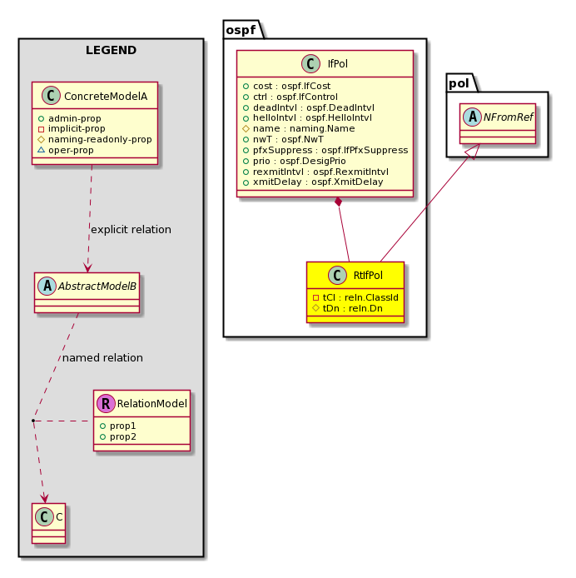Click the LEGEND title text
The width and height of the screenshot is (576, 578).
coord(111,50)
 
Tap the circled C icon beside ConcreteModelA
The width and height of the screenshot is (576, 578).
coord(51,96)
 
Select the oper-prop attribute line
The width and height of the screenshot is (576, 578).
coord(66,150)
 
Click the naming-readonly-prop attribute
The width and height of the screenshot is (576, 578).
coord(95,139)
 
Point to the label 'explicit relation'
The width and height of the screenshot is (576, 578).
coord(131,230)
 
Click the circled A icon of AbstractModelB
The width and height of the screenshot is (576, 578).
coord(47,286)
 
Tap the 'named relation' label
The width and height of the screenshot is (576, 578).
coord(102,358)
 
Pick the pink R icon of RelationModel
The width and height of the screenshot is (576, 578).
coord(106,403)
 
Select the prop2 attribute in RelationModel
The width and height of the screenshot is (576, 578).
coord(118,436)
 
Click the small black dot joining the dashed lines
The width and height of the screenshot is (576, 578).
coord(33,421)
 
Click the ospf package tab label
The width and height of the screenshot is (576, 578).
coord(241,30)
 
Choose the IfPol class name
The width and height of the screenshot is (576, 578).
coord(338,64)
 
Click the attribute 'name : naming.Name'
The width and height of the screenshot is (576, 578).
coord(299,128)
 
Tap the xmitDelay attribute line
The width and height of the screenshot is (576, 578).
coord(313,182)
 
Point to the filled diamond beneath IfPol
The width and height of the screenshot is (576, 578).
coord(338,202)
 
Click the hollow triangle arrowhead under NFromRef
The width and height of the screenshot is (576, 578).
coord(474,152)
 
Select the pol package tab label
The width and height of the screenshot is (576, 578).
coord(459,83)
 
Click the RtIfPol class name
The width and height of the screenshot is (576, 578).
coord(368,276)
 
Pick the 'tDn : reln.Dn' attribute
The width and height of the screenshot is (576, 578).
coord(348,308)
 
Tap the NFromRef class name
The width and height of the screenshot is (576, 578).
coord(509,117)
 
